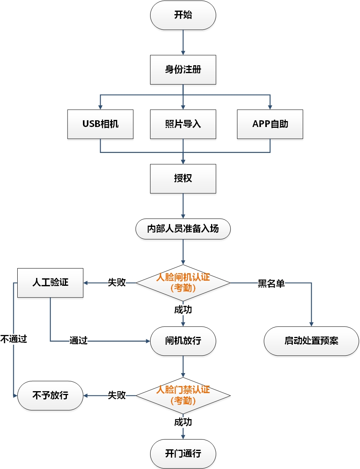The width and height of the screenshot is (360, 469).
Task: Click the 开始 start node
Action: coord(183,15)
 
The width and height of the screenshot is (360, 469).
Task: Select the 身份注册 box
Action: coord(183,70)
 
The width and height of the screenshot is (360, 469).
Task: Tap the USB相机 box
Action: coord(100,124)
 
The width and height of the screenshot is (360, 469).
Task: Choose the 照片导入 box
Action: coord(183,124)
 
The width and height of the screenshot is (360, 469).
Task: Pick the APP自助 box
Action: coord(270,124)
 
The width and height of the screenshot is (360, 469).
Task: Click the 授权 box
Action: coord(183,178)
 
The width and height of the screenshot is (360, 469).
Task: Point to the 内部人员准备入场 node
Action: coord(183,229)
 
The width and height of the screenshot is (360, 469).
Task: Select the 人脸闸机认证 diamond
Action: coord(183,282)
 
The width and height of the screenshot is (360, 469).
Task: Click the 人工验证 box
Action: coord(50,282)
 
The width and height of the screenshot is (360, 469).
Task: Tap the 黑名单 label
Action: coord(271,283)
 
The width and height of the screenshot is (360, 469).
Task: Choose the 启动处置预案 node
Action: coord(311,341)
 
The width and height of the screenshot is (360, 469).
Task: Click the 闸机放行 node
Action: coord(183,341)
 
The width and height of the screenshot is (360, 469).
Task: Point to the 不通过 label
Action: coord(13,339)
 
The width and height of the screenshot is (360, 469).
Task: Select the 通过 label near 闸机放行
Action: coord(78,341)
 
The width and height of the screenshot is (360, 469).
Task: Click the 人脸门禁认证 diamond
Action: coord(183,395)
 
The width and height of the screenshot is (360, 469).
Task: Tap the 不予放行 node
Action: coord(50,395)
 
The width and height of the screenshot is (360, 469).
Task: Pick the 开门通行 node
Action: coord(183,454)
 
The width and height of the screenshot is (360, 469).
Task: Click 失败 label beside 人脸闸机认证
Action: coord(117,283)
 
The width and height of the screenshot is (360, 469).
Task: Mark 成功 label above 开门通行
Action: coord(183,422)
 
